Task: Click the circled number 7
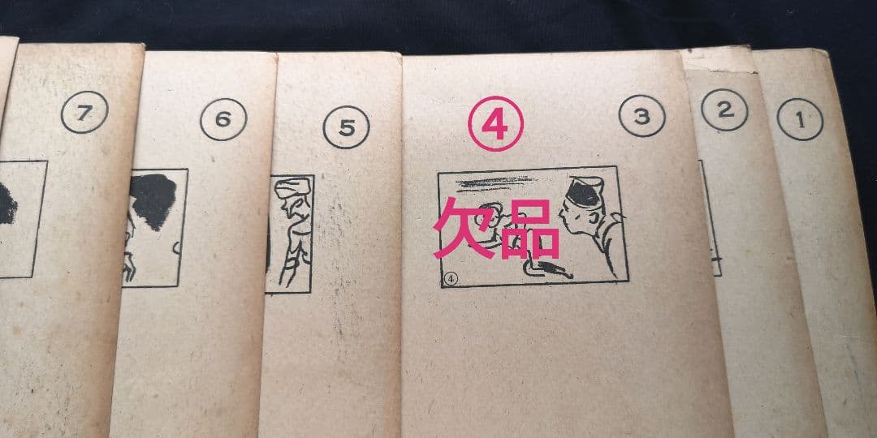[84, 112]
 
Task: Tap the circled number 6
[223, 119]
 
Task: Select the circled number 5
[346, 127]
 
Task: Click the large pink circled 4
[495, 123]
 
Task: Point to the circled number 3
[642, 116]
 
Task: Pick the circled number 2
[724, 110]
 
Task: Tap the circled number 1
[800, 119]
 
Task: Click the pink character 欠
[462, 227]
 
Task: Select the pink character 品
[529, 229]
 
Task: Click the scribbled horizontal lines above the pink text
[495, 182]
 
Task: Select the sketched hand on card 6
[128, 267]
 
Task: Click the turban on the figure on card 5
[293, 186]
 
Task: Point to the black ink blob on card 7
[7, 204]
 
